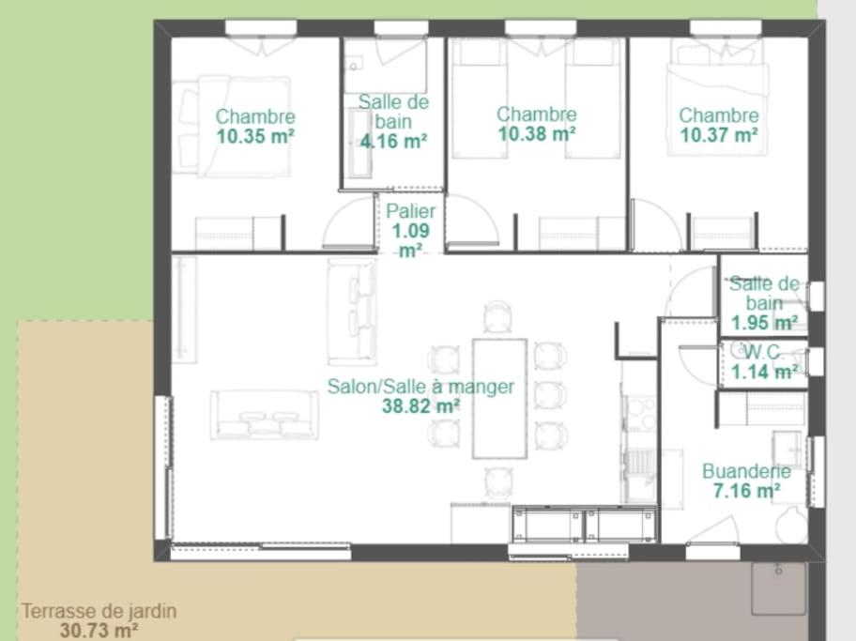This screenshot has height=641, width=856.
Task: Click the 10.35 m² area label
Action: (255, 136)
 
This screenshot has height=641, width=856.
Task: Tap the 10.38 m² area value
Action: (537, 134)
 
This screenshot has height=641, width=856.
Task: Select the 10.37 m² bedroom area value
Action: (718, 134)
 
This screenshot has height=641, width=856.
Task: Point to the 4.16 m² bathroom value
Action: (393, 142)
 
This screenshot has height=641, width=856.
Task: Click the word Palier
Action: (410, 211)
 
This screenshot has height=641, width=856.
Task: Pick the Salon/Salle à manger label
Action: (420, 387)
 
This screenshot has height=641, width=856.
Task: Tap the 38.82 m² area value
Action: (420, 406)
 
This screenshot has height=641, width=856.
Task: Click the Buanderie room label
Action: (746, 470)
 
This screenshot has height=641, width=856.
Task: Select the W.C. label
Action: (764, 353)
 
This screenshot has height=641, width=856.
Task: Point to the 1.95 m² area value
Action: (764, 323)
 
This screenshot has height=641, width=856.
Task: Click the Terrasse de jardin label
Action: (99, 611)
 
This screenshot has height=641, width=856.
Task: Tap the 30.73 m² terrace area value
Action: (99, 631)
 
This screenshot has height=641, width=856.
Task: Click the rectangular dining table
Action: (499, 399)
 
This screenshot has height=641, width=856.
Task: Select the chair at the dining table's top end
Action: (497, 317)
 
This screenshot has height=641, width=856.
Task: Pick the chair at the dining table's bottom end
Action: (498, 482)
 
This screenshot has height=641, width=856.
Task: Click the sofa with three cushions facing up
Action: (265, 415)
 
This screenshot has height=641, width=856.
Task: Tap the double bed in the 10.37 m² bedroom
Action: (717, 109)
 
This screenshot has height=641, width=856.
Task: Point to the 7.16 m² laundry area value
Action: (746, 490)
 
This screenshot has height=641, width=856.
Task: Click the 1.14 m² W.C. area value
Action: (764, 373)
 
